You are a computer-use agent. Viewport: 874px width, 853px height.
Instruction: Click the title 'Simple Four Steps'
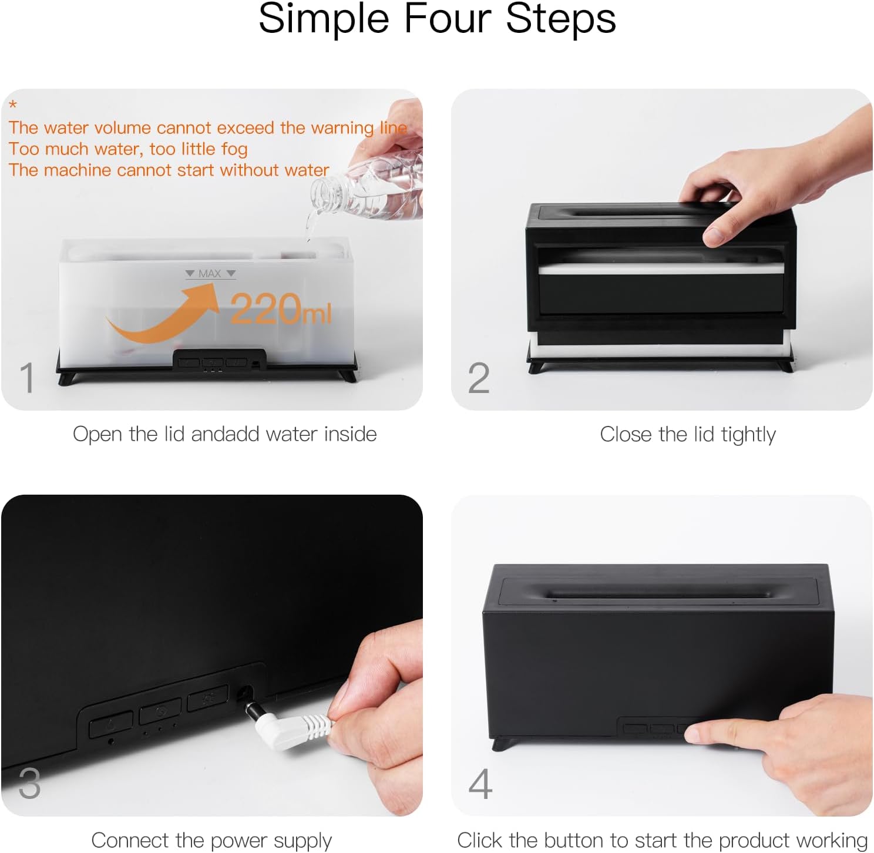437,19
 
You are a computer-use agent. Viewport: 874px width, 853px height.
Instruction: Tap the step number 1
27,377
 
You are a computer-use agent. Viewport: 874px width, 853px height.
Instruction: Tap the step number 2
479,378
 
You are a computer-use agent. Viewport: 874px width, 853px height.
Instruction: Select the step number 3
29,783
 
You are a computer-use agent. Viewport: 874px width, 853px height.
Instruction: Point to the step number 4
480,784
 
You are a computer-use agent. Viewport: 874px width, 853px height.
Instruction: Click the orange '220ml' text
280,309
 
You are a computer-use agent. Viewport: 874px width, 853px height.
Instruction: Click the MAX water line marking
210,274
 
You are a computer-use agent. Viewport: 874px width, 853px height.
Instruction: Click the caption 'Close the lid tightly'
687,435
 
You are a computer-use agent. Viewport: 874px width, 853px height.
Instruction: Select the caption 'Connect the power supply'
211,840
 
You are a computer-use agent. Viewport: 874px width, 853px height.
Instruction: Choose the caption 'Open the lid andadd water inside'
224,434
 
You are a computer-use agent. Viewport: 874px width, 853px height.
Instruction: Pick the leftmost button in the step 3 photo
110,724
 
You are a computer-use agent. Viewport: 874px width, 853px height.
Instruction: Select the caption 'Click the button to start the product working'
662,840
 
